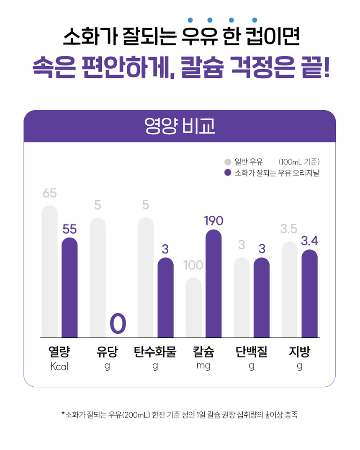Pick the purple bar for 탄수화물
[165, 297]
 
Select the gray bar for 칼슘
[193, 308]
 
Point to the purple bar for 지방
[309, 293]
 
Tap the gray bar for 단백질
[242, 297]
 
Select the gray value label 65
[49, 193]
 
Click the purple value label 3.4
[310, 241]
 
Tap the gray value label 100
[193, 265]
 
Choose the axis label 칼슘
[203, 352]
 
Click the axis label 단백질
[251, 352]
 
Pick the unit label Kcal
[59, 366]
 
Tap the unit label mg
[203, 366]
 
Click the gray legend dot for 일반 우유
[228, 162]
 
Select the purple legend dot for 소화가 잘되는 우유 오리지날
[228, 173]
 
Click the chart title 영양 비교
[180, 126]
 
